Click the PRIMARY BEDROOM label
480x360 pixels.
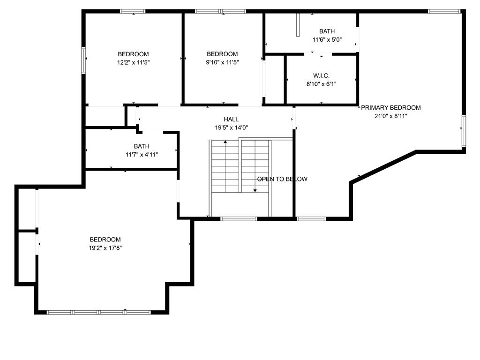390,108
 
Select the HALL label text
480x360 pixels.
231,120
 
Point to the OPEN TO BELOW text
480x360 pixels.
282,179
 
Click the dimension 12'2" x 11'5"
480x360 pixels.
133,62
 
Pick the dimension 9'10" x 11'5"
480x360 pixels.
223,62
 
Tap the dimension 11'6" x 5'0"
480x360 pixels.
327,40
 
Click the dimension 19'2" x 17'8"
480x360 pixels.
105,248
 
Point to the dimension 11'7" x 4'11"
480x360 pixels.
142,154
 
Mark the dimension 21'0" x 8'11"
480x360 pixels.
390,116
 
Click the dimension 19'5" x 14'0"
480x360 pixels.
231,127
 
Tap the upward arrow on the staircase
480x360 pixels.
225,142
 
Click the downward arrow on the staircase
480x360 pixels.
255,190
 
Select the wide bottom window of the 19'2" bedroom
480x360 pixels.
99,312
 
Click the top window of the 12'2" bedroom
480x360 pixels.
133,11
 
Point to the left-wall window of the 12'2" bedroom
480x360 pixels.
84,60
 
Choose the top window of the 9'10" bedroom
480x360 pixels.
220,11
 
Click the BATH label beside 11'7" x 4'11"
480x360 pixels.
142,146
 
